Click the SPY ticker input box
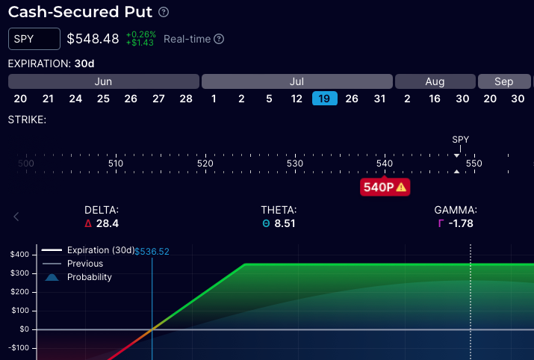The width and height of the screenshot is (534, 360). tap(34, 39)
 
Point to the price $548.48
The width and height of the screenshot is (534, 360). tap(93, 39)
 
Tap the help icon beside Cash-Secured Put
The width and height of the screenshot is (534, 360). tap(164, 13)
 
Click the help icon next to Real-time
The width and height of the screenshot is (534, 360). tap(220, 39)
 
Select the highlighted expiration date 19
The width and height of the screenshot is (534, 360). tap(325, 99)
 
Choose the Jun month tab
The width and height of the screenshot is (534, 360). tap(103, 81)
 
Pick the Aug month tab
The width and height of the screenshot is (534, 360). tap(434, 81)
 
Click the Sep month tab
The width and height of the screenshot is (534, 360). tap(503, 81)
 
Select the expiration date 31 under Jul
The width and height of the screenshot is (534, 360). tap(379, 99)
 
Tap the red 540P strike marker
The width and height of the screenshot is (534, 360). tap(385, 187)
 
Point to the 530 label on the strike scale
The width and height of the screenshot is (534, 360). tap(295, 164)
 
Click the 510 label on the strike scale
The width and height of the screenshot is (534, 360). tap(116, 164)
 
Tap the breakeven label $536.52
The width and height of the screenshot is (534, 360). tap(152, 252)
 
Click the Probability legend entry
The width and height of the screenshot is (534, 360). tap(89, 277)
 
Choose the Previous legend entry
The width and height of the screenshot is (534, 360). tap(84, 264)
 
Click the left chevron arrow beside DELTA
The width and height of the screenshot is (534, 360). tap(16, 217)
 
